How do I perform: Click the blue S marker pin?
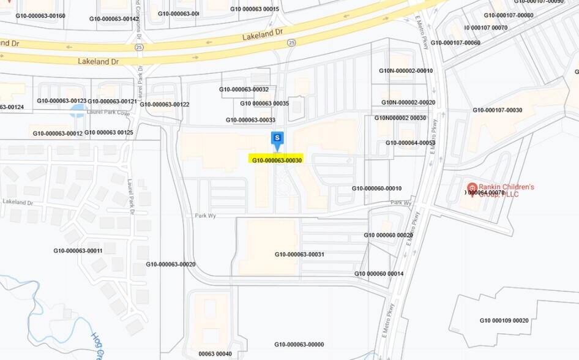click(277, 138)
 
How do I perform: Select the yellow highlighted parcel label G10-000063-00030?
click(277, 160)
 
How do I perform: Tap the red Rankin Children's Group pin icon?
click(472, 187)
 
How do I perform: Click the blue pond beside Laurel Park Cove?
click(78, 111)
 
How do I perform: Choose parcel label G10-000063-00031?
click(299, 254)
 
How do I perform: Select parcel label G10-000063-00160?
click(40, 16)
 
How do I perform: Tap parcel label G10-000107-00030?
click(497, 110)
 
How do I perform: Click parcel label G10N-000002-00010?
click(406, 71)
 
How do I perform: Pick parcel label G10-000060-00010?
click(376, 188)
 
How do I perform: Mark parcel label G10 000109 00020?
click(504, 320)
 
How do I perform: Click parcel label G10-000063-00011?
click(78, 250)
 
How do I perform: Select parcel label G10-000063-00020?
click(170, 264)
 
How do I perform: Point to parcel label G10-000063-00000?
click(299, 345)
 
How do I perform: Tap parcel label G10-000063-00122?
click(164, 104)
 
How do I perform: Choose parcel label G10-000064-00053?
click(410, 143)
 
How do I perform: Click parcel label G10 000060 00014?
click(379, 274)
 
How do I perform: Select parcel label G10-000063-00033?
click(250, 120)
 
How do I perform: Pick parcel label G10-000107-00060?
click(455, 43)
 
